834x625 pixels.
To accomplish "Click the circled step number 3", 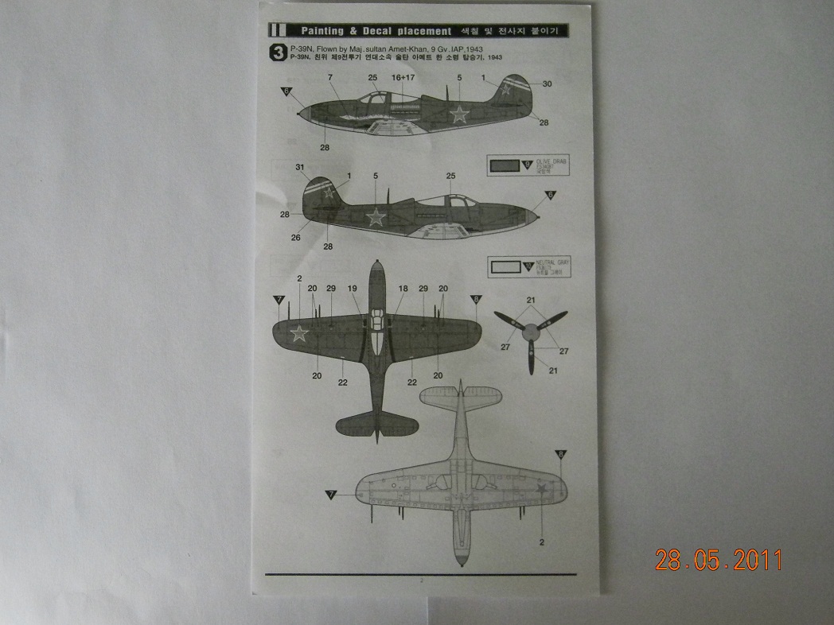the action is click(278, 53).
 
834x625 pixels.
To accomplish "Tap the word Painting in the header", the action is click(322, 31).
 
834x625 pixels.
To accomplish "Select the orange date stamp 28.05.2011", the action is click(719, 559).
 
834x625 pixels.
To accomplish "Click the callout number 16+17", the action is click(403, 78).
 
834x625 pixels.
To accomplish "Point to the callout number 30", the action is click(547, 83).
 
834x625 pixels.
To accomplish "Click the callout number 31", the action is click(300, 167).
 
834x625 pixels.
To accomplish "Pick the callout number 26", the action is click(295, 236).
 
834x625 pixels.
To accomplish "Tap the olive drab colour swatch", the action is click(504, 166).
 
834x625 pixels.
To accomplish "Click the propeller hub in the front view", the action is click(529, 328).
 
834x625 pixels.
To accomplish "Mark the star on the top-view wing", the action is click(299, 333).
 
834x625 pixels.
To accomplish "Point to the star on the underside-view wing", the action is click(540, 487).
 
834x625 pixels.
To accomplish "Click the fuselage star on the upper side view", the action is click(459, 114).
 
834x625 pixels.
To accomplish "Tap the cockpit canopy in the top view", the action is click(378, 334).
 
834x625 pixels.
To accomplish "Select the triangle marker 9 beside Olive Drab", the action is click(527, 165).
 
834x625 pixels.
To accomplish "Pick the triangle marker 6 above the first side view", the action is click(286, 91).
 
